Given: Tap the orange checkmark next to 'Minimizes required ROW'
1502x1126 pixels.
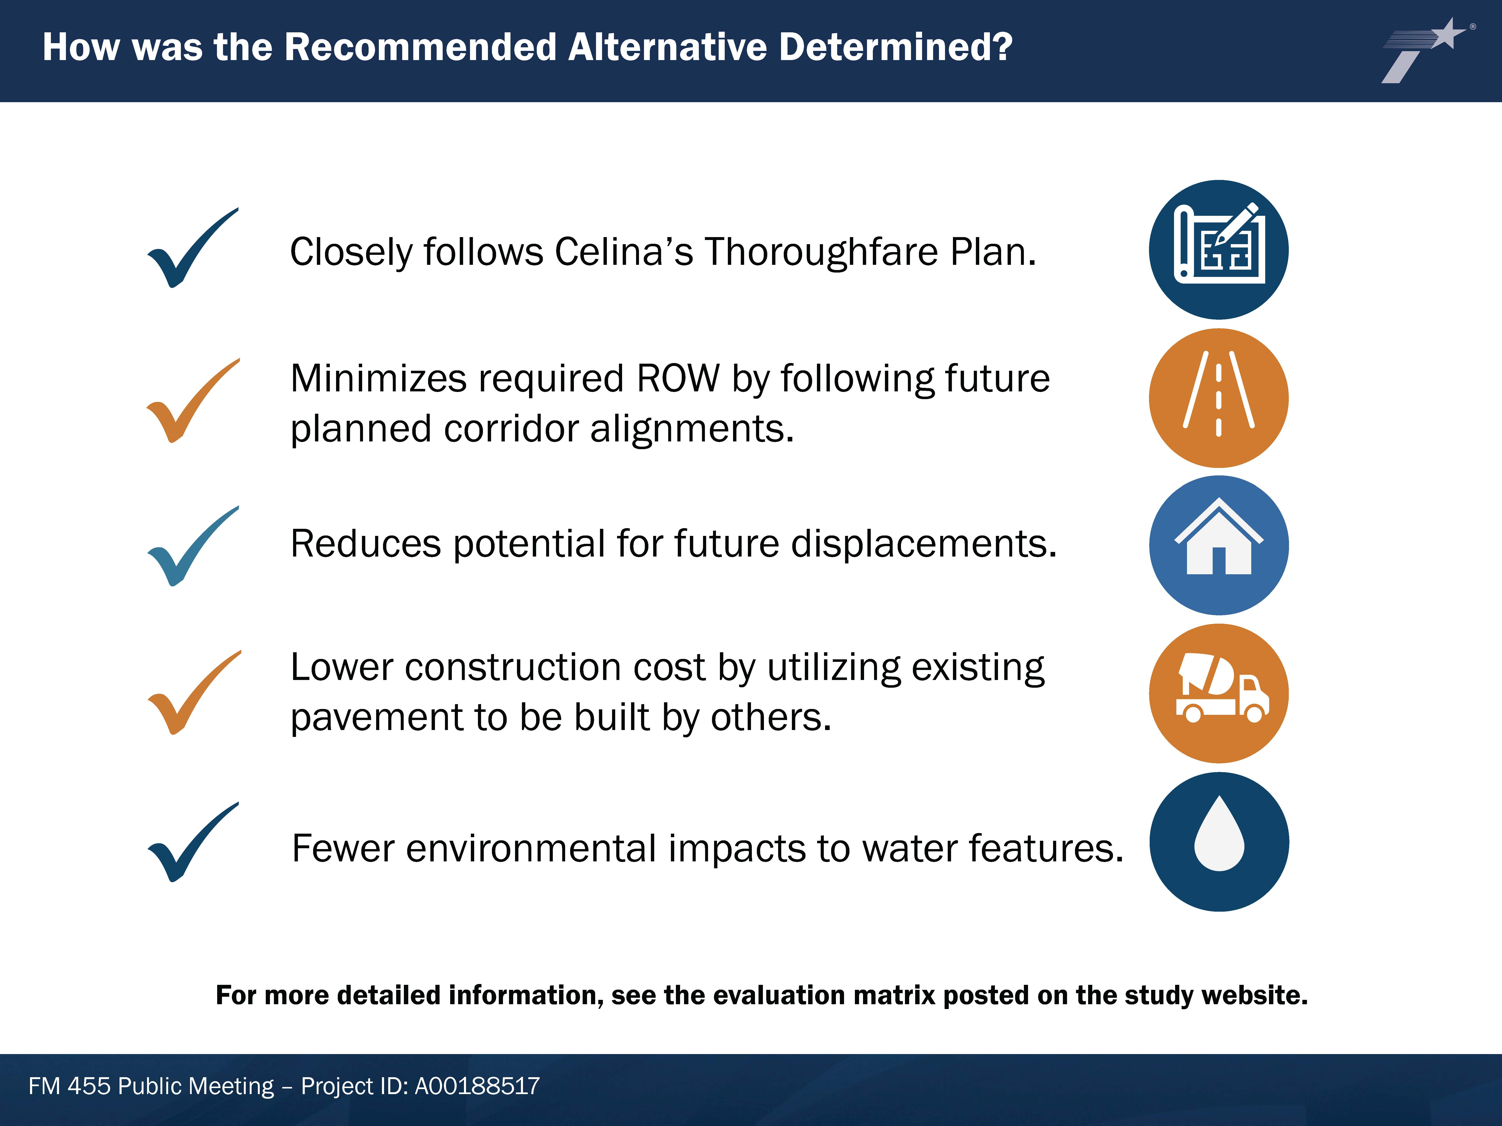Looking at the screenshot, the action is [193, 400].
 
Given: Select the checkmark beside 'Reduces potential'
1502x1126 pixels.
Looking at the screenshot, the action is [193, 546].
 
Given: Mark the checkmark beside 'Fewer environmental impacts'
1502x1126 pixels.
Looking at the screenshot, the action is [193, 842].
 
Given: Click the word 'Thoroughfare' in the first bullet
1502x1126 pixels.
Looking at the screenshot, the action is [820, 253].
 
